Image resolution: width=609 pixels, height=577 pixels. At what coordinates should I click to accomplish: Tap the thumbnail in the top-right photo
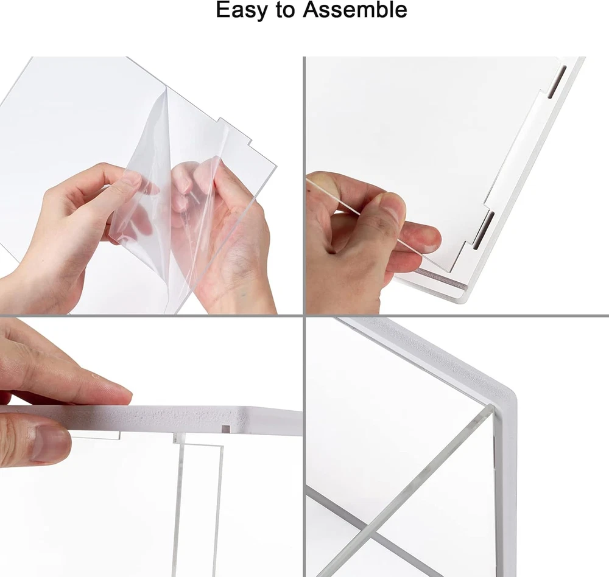point(393,208)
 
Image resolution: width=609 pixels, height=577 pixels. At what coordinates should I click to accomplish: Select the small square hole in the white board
point(226,429)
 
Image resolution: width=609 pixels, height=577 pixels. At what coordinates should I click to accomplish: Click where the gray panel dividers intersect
point(304,315)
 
